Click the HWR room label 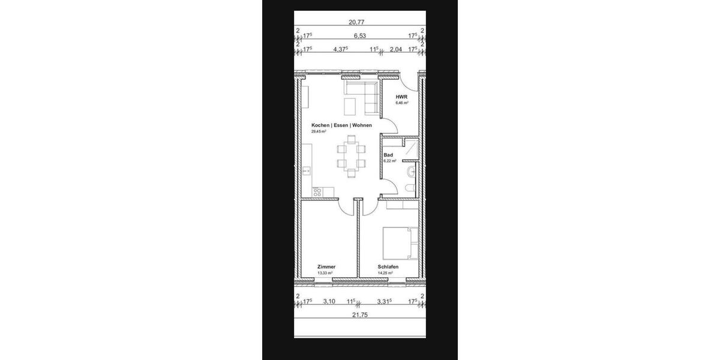(x=401, y=97)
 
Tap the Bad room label (x=388, y=155)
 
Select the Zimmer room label (x=327, y=267)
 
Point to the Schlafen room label (x=388, y=267)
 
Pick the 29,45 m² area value (x=319, y=131)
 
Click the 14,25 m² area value (x=385, y=273)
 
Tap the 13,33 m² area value (x=325, y=273)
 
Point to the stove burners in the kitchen (x=317, y=192)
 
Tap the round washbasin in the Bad (x=410, y=173)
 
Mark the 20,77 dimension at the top (x=356, y=22)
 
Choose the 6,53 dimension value (x=360, y=36)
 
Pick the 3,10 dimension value (x=329, y=301)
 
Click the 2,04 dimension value (x=396, y=50)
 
